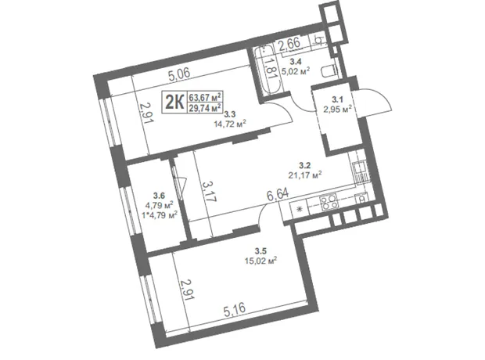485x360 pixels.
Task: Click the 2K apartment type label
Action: click(x=174, y=103)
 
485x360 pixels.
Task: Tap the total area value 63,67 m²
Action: click(x=206, y=98)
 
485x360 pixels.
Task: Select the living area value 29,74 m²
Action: click(x=206, y=108)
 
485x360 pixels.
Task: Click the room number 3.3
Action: click(x=230, y=114)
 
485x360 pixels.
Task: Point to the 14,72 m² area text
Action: click(x=230, y=124)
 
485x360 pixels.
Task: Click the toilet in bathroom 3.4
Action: click(x=329, y=71)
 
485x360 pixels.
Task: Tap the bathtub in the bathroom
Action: click(x=268, y=70)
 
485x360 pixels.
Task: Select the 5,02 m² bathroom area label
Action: click(x=296, y=71)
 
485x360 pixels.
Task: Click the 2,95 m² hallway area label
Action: click(x=337, y=109)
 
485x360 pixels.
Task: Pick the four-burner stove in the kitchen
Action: click(x=329, y=202)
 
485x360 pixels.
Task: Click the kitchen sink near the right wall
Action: click(x=361, y=172)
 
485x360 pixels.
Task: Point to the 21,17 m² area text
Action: click(x=305, y=175)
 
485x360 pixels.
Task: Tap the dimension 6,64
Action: click(x=278, y=196)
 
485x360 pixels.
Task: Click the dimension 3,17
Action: click(x=209, y=191)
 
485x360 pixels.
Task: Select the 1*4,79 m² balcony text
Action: click(x=160, y=214)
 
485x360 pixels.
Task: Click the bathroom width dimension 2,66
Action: click(x=289, y=44)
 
